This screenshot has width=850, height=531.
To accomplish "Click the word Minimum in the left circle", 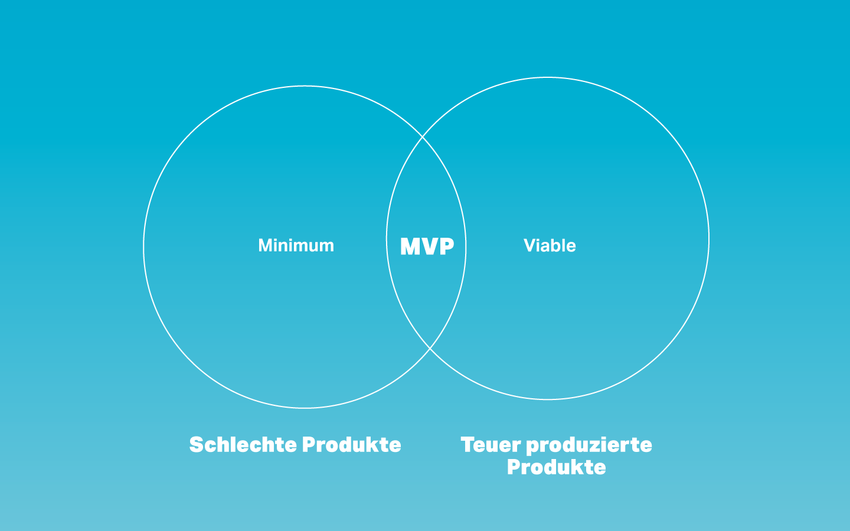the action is (296, 245).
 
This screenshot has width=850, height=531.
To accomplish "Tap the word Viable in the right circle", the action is (550, 245).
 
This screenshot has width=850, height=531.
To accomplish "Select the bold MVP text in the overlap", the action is (427, 246).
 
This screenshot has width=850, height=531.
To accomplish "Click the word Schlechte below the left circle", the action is (243, 444).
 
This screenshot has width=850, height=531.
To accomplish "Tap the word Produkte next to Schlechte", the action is (352, 444).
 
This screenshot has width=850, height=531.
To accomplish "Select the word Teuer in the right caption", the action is (491, 444).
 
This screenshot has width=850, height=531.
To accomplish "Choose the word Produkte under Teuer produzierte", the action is (556, 467).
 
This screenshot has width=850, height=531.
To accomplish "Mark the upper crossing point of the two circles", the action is (423, 136).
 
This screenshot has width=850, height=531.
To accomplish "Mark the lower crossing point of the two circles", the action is (430, 348).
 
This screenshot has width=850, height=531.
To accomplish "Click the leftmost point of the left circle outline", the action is (143, 247).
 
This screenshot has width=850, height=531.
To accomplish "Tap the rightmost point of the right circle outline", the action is (709, 238).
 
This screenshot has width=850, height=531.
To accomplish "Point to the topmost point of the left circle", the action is (305, 86).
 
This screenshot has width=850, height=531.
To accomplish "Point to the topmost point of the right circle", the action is (548, 77).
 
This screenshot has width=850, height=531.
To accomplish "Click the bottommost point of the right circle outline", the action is (548, 399).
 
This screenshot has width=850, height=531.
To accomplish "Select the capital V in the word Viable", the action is (529, 245).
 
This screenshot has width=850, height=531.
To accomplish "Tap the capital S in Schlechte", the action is (196, 444).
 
